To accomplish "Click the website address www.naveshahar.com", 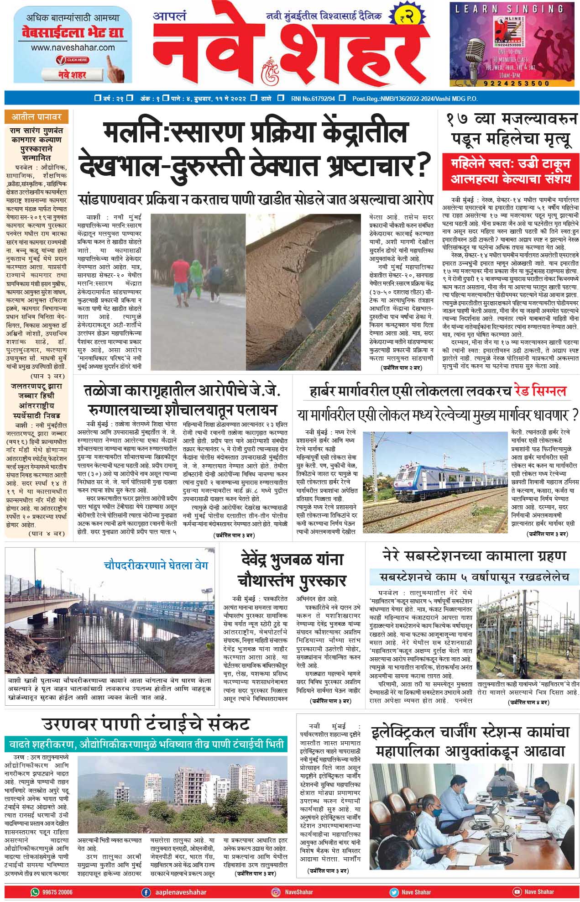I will [73, 47].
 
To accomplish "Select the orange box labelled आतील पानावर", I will [36, 117].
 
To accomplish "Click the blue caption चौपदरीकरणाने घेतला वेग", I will [156, 565].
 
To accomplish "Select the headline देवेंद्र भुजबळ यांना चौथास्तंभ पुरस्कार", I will [292, 570].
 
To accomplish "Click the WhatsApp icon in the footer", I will [35, 892].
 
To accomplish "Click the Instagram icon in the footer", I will [276, 892].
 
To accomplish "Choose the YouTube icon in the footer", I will [517, 892].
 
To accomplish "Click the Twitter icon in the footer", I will [394, 892].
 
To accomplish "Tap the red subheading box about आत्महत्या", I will [510, 171].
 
